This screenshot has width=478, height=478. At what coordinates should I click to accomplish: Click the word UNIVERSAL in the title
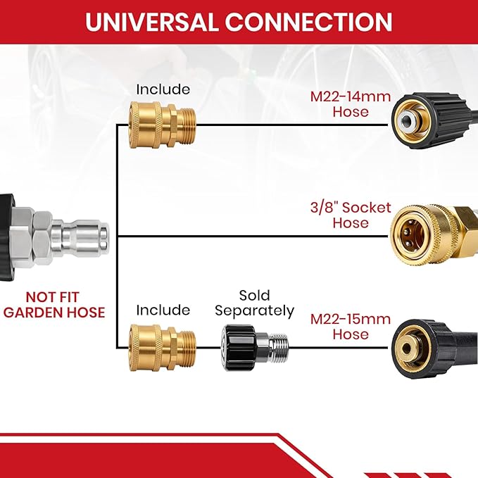click(151, 22)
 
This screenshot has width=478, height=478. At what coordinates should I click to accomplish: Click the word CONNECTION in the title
click(308, 22)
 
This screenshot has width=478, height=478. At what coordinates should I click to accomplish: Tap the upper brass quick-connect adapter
click(163, 125)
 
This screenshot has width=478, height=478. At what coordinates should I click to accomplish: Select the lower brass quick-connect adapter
click(163, 348)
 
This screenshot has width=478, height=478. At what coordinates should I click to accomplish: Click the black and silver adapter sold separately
click(255, 348)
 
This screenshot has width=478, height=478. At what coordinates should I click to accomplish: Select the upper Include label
click(163, 89)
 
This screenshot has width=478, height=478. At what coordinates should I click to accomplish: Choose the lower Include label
click(163, 310)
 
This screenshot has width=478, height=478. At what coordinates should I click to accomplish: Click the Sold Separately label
click(255, 303)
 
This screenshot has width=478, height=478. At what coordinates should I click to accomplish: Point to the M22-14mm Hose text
click(351, 104)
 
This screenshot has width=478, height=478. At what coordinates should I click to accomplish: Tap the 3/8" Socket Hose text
click(351, 215)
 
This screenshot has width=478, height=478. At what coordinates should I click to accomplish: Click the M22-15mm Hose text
click(351, 327)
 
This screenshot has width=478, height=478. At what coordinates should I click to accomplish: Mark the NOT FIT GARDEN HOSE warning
click(54, 305)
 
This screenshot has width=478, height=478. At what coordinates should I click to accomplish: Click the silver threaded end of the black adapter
click(278, 348)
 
